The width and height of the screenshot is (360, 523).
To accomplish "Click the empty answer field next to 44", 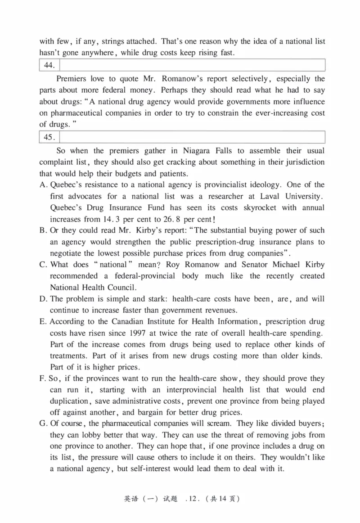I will click(x=192, y=65).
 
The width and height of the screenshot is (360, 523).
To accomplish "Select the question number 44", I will click(x=49, y=66).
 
